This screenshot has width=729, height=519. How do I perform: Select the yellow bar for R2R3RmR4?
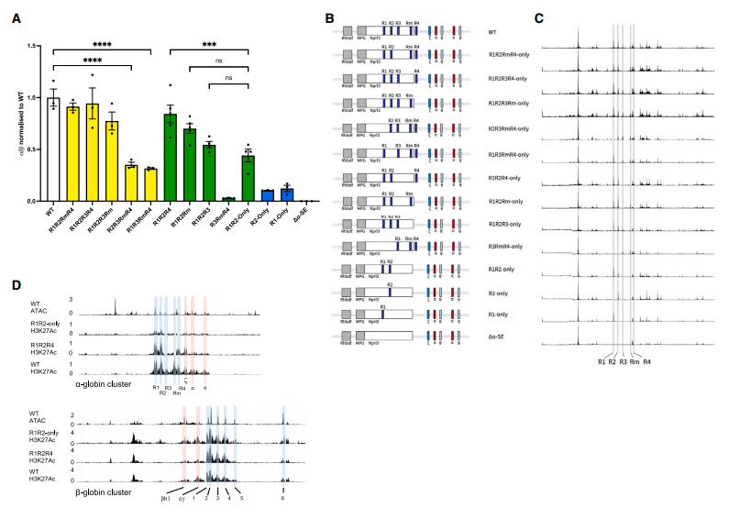click(131, 182)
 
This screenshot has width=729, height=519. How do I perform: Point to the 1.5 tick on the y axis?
click(33, 46)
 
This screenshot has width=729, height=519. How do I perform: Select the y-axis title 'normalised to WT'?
click(18, 124)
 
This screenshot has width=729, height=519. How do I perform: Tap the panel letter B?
click(330, 16)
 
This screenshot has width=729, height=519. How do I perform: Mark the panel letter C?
click(538, 16)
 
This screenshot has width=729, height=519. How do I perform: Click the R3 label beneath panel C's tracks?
click(623, 364)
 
